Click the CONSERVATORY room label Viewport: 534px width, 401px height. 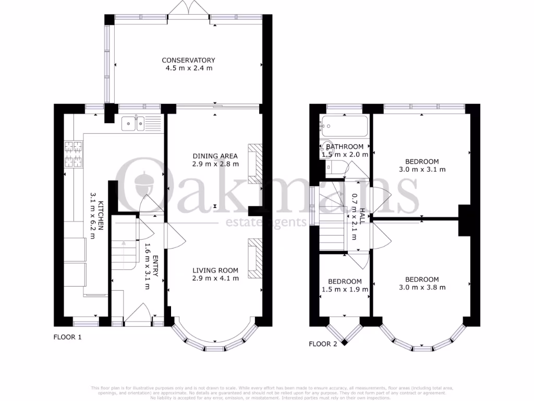click(188, 60)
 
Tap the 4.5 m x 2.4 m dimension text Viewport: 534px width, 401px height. click(188, 68)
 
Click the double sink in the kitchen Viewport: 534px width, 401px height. click(135, 123)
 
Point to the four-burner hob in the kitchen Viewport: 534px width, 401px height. click(74, 154)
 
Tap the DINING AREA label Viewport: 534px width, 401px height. click(215, 156)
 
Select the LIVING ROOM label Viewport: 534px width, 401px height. click(215, 270)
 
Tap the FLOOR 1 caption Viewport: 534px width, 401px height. click(68, 337)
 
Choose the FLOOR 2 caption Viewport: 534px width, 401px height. click(323, 344)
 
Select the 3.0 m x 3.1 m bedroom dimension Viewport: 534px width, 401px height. click(422, 169)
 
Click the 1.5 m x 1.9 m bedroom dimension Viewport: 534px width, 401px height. click(345, 289)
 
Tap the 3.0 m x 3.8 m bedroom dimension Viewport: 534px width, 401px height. click(422, 287)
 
